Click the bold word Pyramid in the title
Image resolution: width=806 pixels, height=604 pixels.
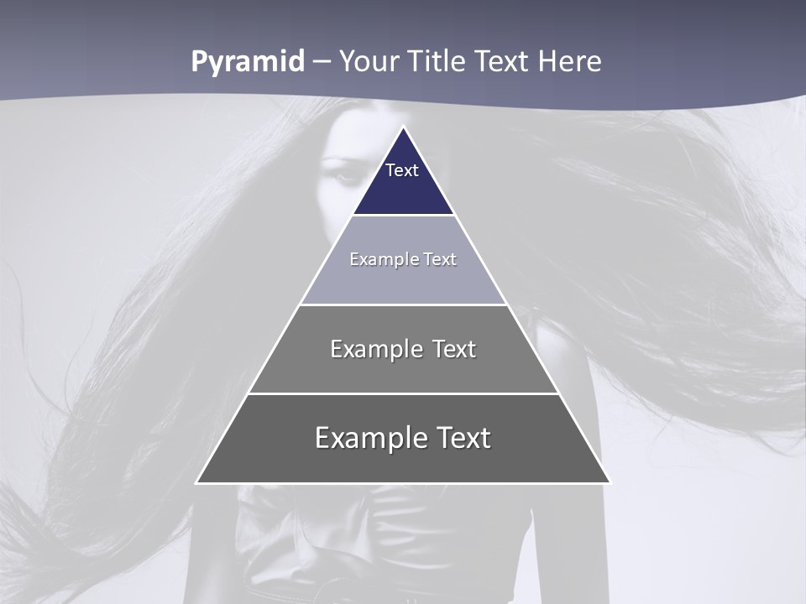(248, 62)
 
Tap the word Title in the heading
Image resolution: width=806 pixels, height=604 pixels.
(438, 62)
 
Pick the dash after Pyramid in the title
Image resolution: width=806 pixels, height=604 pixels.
(322, 63)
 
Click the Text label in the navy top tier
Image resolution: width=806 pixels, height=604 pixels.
(402, 170)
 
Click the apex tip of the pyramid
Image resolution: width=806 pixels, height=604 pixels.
(404, 128)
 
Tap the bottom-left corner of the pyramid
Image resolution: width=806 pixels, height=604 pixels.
(197, 482)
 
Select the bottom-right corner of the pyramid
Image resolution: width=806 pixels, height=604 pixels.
(610, 482)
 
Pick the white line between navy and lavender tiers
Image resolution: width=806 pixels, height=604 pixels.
(404, 216)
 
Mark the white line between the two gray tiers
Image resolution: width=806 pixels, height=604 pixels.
(404, 393)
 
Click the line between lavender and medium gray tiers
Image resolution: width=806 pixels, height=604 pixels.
(404, 305)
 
